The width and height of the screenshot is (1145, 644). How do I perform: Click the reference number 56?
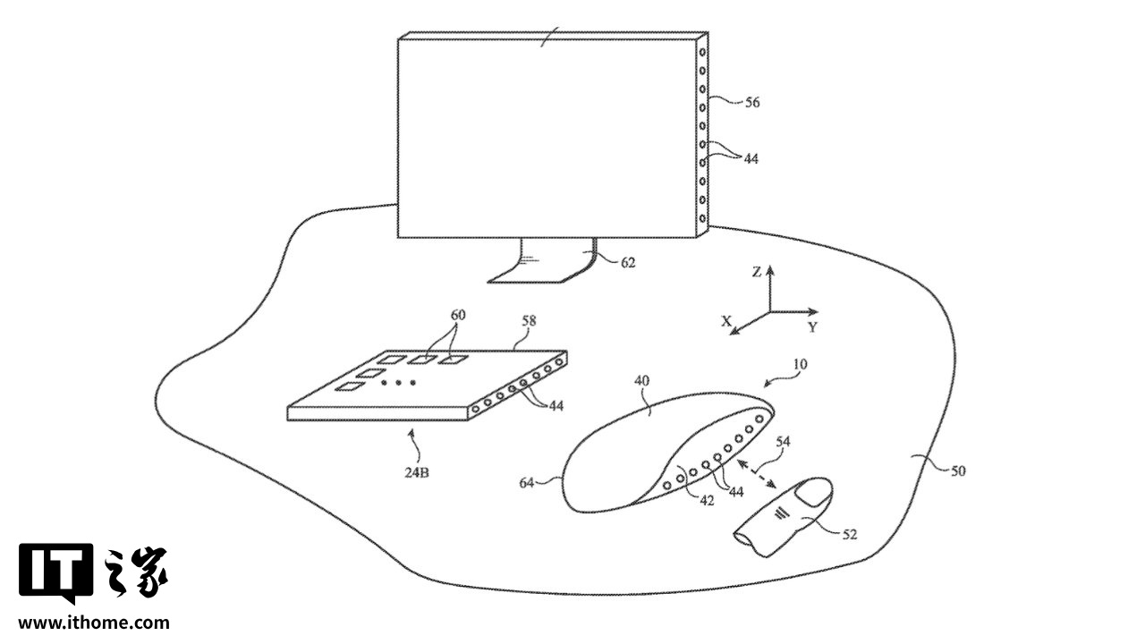pos(751,103)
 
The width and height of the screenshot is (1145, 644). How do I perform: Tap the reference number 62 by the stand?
pos(628,263)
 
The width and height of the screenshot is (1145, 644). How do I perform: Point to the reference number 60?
pos(458,316)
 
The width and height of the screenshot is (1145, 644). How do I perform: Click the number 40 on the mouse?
pos(641,380)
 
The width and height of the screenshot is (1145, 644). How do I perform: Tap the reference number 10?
pos(798,365)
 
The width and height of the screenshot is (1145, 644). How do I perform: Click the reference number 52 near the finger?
pos(849,534)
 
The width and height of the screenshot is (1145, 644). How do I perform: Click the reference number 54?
pos(783,441)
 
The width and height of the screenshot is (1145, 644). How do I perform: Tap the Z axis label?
pos(757,272)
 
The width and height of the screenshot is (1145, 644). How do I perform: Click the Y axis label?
pos(812,327)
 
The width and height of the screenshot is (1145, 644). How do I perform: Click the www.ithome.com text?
pos(93,623)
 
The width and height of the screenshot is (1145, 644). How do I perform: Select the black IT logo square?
pos(55,571)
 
